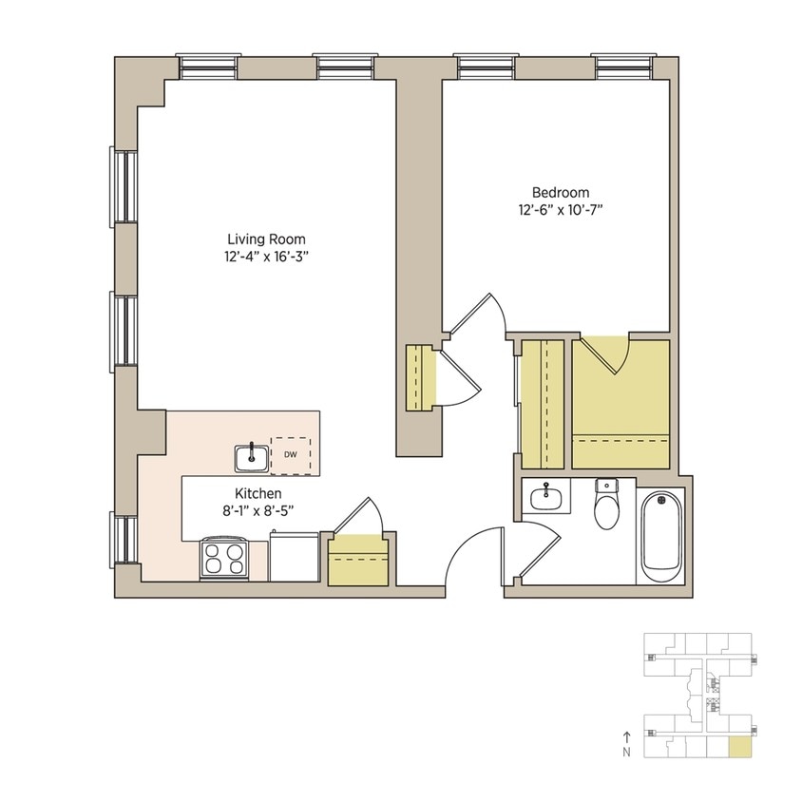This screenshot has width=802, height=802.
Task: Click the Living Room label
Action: [266, 239]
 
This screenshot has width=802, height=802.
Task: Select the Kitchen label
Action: [258, 493]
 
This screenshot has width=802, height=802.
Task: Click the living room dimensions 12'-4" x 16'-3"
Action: [266, 257]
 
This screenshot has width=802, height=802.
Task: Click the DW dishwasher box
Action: [290, 455]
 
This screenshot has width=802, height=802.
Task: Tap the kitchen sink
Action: [252, 457]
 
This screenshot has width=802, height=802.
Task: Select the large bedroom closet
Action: [621, 403]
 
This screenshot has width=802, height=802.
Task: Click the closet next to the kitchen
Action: [359, 560]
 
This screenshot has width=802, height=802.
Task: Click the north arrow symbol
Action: [626, 735]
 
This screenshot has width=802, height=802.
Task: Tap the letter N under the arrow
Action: [626, 753]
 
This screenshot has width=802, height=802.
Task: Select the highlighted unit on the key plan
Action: [737, 747]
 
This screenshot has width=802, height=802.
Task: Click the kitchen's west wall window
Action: [122, 539]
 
